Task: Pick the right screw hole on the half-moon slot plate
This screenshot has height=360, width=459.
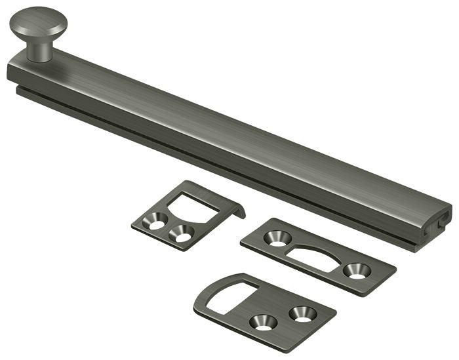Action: pyautogui.click(x=357, y=270)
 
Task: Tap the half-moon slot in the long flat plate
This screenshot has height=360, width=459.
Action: pyautogui.click(x=317, y=252)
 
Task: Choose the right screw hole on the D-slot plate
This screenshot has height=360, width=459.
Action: pyautogui.click(x=302, y=313)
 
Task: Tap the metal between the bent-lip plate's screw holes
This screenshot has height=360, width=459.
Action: pyautogui.click(x=170, y=229)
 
